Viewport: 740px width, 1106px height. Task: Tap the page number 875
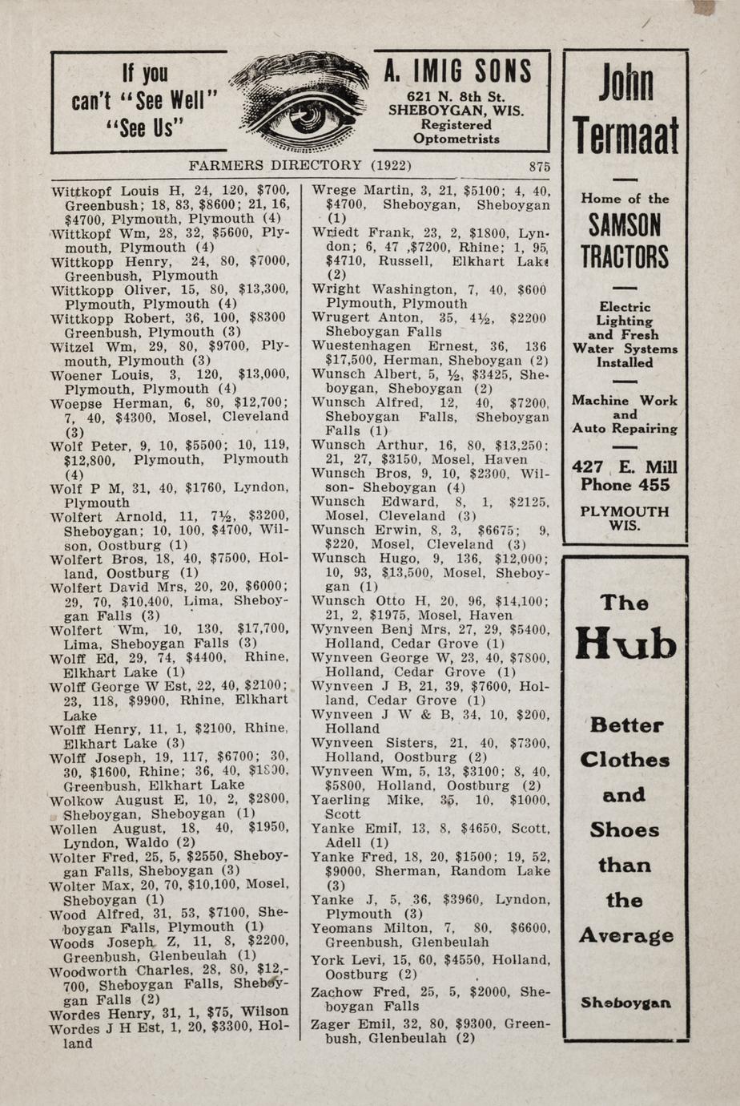click(539, 166)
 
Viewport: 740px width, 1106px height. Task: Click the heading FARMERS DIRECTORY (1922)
click(300, 165)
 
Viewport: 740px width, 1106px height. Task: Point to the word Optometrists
click(456, 139)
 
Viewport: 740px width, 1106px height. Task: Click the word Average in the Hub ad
click(625, 935)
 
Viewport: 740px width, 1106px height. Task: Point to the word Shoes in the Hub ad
click(625, 830)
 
